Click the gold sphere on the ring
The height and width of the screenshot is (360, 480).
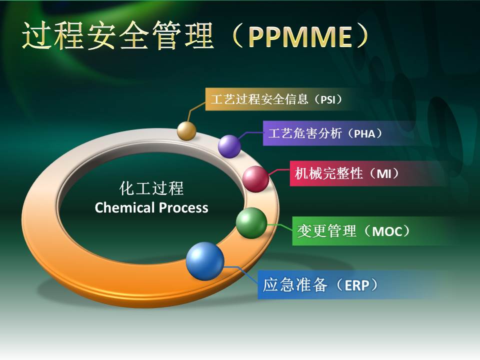(186, 130)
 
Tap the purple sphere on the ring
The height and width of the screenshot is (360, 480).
(229, 146)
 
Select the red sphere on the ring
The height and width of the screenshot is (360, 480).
(255, 179)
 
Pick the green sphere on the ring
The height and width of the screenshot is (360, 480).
(251, 223)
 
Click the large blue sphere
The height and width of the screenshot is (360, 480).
(205, 261)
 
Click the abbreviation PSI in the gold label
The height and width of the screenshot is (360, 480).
(328, 100)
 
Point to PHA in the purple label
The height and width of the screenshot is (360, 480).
(364, 134)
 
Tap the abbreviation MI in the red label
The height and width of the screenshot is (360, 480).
(384, 174)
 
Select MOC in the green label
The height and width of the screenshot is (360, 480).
(386, 231)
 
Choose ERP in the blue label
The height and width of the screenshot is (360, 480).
(357, 285)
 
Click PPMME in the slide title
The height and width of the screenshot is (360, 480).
(300, 36)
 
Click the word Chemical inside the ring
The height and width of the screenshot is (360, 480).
(124, 207)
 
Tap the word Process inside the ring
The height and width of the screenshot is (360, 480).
(183, 208)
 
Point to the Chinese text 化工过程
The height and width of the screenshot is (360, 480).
(151, 188)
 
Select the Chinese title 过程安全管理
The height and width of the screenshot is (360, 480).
(118, 35)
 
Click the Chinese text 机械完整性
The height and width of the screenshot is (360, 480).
(329, 173)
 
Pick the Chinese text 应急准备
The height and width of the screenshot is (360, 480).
(295, 284)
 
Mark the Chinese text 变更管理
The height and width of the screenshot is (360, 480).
(327, 231)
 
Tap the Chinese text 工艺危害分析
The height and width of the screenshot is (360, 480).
(305, 133)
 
